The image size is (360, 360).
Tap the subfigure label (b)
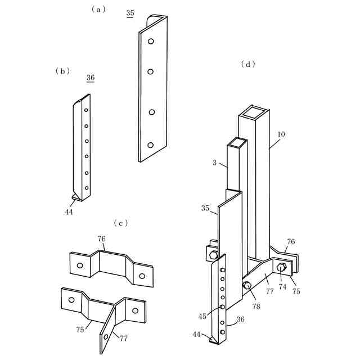click(62, 70)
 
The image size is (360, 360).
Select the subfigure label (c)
click(121, 223)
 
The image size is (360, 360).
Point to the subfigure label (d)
click(248, 64)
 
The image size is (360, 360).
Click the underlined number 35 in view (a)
click(130, 13)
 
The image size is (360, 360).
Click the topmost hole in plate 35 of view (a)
click(151, 42)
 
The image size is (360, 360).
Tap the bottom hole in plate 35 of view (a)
click(150, 145)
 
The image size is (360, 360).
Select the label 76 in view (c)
click(101, 239)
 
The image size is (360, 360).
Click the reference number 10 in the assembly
click(281, 135)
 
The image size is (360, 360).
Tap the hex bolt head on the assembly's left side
click(213, 255)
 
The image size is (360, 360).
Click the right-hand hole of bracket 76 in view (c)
click(142, 276)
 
